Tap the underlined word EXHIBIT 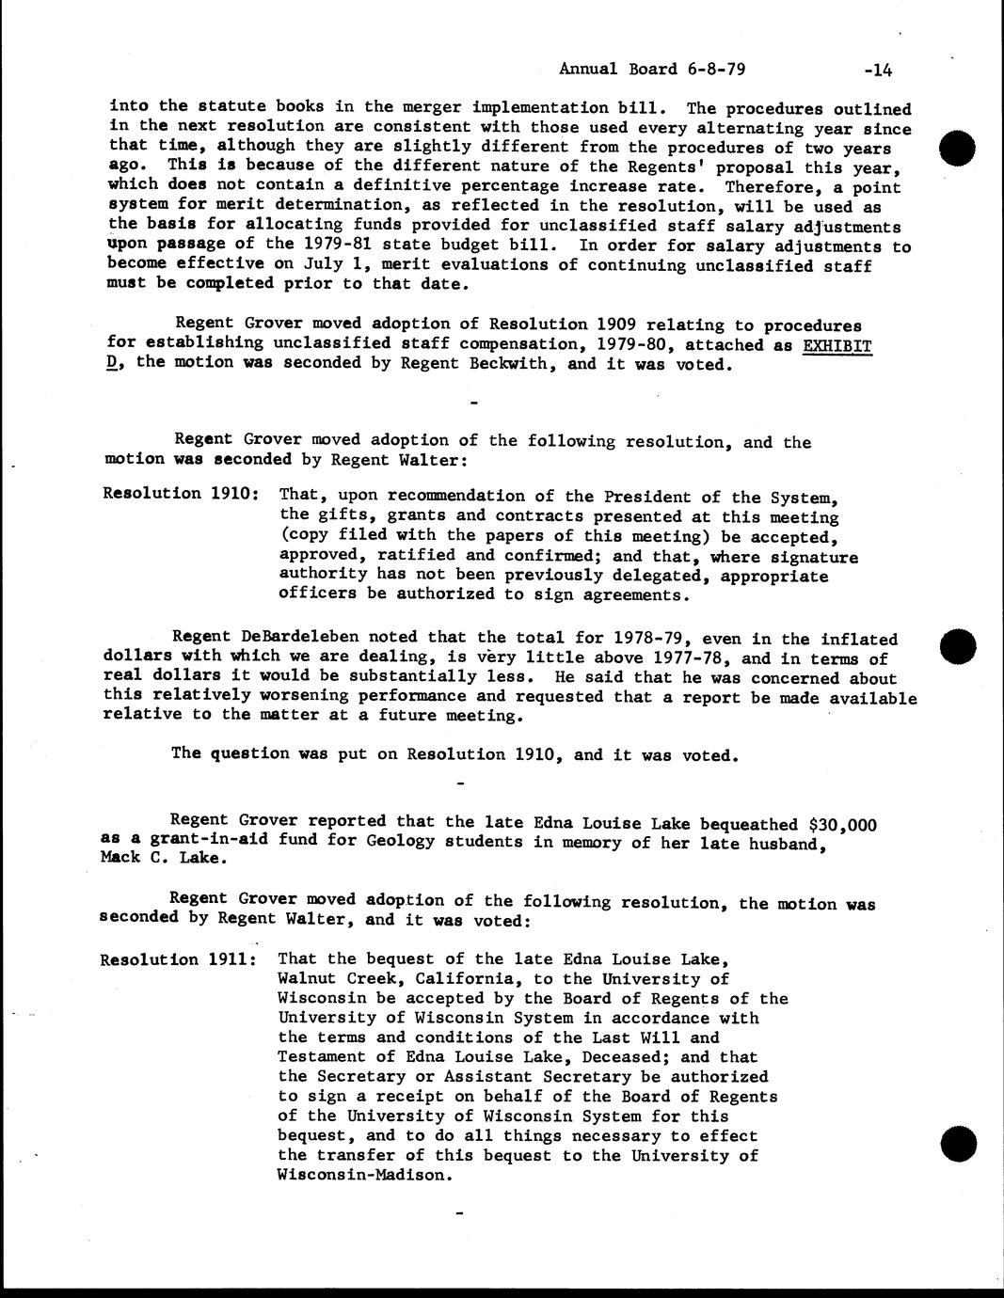pos(837,345)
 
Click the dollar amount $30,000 pos(842,825)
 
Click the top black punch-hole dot pos(958,149)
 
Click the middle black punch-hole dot pos(958,646)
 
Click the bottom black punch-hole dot pos(958,1143)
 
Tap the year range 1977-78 pos(683,658)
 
